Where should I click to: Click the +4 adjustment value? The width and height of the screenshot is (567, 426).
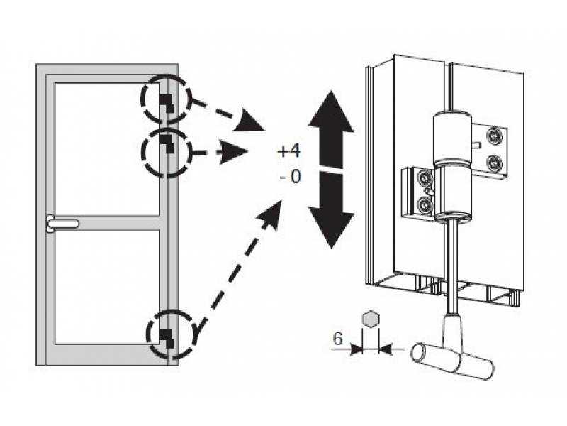[288, 151]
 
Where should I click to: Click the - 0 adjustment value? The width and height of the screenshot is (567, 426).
[290, 177]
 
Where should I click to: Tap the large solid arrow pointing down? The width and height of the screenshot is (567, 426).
[331, 210]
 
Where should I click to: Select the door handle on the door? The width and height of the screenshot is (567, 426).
[62, 223]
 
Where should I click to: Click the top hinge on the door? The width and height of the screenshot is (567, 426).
[167, 103]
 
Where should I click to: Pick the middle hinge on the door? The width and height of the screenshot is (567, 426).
[167, 143]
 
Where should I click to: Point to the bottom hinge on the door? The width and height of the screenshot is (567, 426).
[167, 339]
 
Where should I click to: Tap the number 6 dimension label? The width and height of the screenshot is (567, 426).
[337, 339]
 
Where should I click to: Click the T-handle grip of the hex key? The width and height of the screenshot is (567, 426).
[453, 361]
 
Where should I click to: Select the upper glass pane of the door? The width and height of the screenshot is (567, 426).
[107, 149]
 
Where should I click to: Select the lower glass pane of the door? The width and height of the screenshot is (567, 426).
[107, 287]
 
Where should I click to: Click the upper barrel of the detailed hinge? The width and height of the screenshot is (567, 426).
[452, 138]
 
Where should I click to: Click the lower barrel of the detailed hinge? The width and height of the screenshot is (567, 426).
[452, 192]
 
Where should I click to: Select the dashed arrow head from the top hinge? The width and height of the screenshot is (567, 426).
[249, 120]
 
